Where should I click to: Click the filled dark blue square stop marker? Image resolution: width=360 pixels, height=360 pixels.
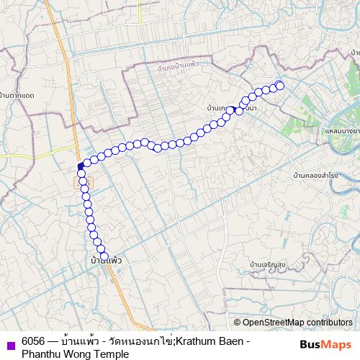point(81,166)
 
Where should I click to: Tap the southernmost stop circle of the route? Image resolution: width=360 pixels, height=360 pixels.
point(104,256)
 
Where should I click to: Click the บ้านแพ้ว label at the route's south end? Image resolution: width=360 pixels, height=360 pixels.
point(105,259)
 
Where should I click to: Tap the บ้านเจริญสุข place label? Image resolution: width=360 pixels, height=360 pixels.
point(267,265)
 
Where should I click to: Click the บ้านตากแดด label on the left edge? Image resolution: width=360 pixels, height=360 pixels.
point(17,96)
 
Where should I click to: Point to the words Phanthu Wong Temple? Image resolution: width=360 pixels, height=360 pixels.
point(75,354)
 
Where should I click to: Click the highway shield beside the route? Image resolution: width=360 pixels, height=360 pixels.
point(80,183)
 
